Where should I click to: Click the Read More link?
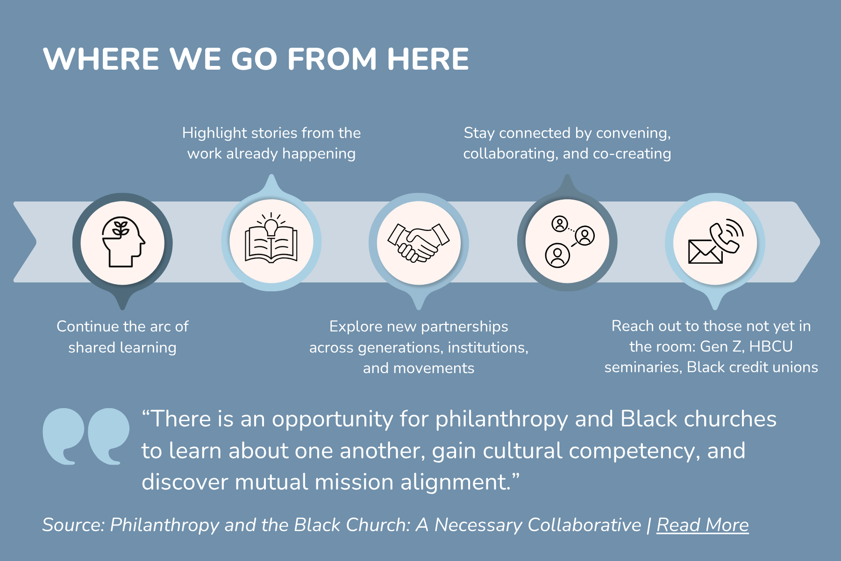pyautogui.click(x=702, y=525)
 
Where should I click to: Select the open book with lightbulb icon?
pyautogui.click(x=271, y=237)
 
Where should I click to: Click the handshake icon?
pyautogui.click(x=419, y=242)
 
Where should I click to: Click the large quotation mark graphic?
pyautogui.click(x=86, y=436)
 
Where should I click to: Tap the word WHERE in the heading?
pyautogui.click(x=101, y=59)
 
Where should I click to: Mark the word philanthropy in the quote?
pyautogui.click(x=501, y=419)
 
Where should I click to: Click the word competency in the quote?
pyautogui.click(x=634, y=451)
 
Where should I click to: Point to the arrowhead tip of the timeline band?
pyautogui.click(x=820, y=242)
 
